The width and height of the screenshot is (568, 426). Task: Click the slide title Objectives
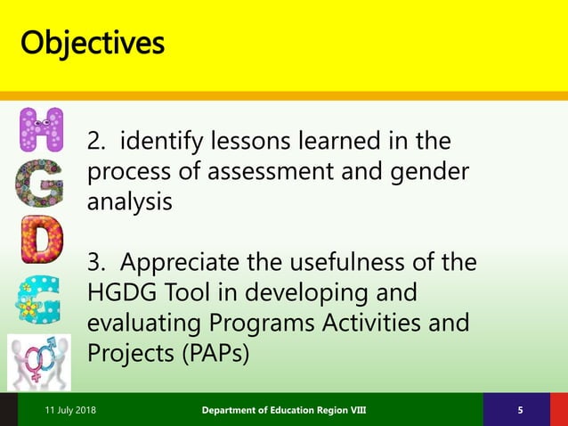click(x=93, y=42)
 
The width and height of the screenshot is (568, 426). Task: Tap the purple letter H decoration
click(x=41, y=129)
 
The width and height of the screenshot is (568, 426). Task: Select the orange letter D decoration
click(x=42, y=242)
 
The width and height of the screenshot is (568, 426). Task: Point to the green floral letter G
click(x=41, y=185)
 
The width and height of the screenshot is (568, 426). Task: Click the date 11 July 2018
click(x=71, y=409)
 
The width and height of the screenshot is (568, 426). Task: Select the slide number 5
click(x=520, y=409)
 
